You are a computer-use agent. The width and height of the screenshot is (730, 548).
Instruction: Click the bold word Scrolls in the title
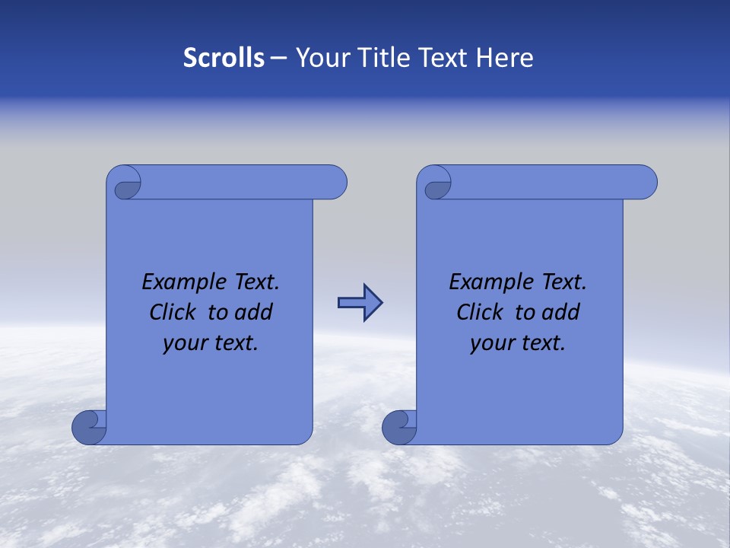point(224,58)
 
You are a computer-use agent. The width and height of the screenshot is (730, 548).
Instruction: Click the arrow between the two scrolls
point(360,303)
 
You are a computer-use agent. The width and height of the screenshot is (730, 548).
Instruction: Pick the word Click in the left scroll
point(171,312)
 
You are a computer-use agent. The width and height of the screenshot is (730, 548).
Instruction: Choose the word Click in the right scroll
point(479,312)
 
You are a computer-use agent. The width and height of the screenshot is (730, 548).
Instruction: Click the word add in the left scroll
point(254,312)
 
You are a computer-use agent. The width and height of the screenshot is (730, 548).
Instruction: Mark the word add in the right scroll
point(561,312)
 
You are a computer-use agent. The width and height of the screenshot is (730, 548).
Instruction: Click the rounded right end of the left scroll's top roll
point(335,183)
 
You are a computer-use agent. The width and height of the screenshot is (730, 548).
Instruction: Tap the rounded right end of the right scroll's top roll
point(646,183)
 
